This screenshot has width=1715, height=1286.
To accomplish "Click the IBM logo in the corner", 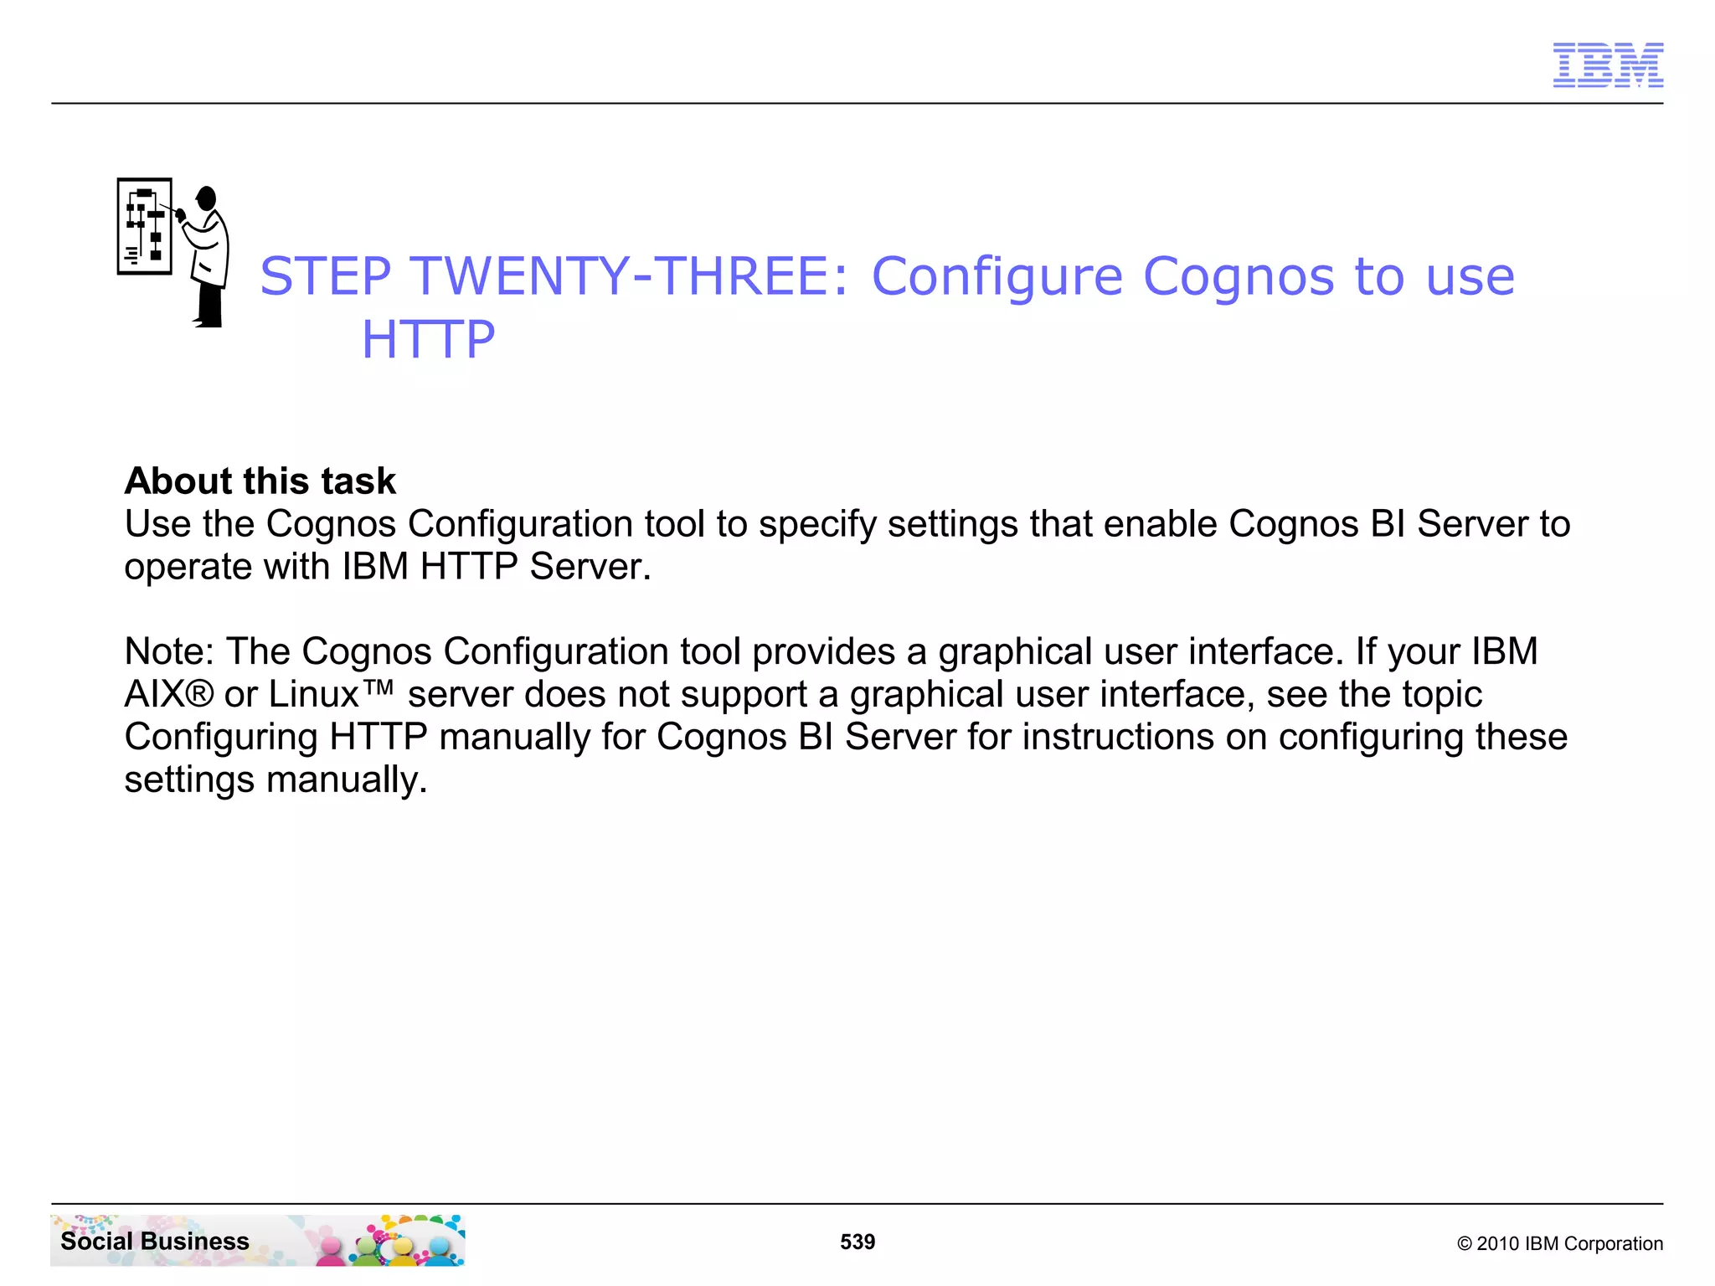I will [x=1607, y=64].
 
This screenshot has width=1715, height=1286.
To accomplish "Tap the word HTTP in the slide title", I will [x=428, y=339].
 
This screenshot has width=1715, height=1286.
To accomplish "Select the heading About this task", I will [x=260, y=481].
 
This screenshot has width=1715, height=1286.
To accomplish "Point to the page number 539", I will [x=857, y=1242].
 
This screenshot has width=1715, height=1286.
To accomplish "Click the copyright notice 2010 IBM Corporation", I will [x=1559, y=1243].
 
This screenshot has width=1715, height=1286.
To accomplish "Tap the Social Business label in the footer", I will [x=155, y=1241].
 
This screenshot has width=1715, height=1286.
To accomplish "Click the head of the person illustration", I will [x=207, y=199].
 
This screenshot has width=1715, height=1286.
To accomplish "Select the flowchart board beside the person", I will [x=145, y=226].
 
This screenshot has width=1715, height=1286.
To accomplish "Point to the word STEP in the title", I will [x=325, y=276].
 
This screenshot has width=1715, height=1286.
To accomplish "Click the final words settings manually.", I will [x=276, y=779].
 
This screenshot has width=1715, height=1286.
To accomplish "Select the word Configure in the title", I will [x=997, y=276].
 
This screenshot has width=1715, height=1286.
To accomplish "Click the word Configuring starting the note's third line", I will [x=221, y=737].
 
